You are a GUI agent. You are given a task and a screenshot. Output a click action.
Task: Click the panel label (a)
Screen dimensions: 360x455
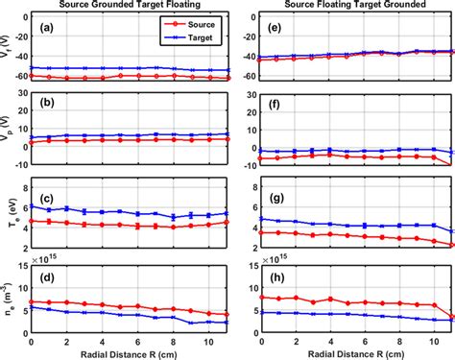coord(44,28)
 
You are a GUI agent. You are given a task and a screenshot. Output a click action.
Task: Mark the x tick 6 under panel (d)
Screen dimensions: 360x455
coord(136,341)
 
